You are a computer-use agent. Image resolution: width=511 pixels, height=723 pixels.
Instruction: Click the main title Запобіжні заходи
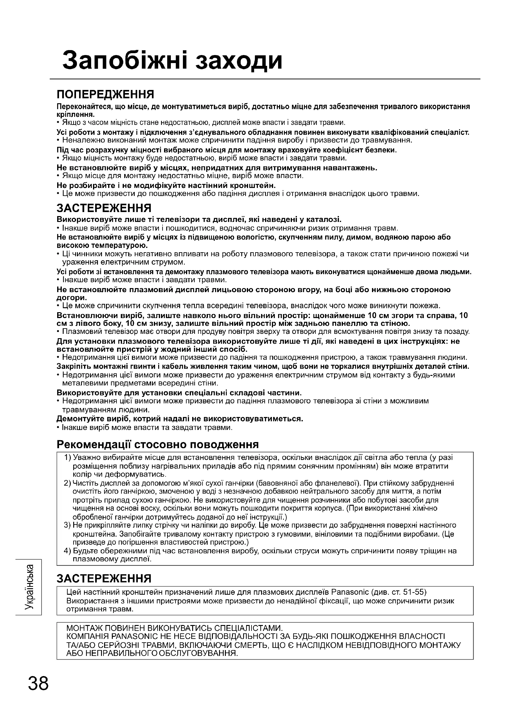point(172,60)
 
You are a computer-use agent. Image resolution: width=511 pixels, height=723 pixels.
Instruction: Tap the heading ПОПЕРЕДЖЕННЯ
point(105,94)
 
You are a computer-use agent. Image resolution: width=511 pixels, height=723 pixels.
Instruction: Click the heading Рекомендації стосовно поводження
point(158,444)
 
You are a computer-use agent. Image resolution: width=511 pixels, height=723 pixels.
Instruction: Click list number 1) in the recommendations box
point(68,457)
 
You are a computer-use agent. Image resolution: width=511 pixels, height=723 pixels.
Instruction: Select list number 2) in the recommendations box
point(68,483)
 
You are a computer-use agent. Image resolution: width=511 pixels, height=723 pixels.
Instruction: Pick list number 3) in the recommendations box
point(68,525)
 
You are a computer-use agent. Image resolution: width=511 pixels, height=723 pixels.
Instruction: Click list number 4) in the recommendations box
point(68,551)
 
